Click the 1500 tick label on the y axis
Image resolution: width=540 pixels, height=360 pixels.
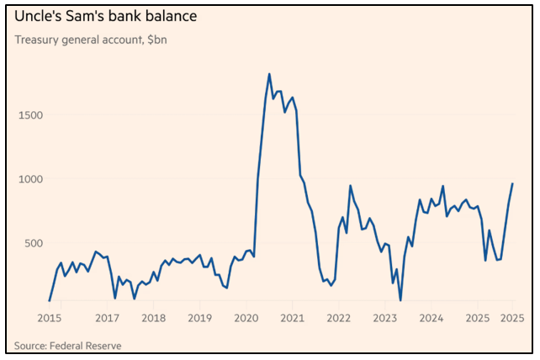[x=38, y=114]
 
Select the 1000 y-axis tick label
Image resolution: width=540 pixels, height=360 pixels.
[x=38, y=179]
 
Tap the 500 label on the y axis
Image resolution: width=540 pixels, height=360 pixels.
[x=41, y=243]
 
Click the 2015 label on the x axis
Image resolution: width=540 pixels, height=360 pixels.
[x=49, y=318]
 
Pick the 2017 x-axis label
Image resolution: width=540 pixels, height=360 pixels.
[x=107, y=318]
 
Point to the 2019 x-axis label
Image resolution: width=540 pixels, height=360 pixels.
[x=200, y=318]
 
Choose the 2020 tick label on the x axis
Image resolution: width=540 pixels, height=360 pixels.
[x=246, y=318]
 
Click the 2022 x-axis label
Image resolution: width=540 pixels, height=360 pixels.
[x=339, y=318]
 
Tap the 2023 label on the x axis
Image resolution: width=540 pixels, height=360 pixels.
[x=385, y=318]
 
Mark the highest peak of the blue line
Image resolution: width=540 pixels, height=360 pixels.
[x=269, y=74]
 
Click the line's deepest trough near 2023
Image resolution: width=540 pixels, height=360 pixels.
[x=400, y=300]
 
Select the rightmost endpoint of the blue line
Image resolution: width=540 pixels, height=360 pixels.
[x=513, y=183]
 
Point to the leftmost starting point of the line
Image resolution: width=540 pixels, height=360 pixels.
[x=50, y=300]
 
